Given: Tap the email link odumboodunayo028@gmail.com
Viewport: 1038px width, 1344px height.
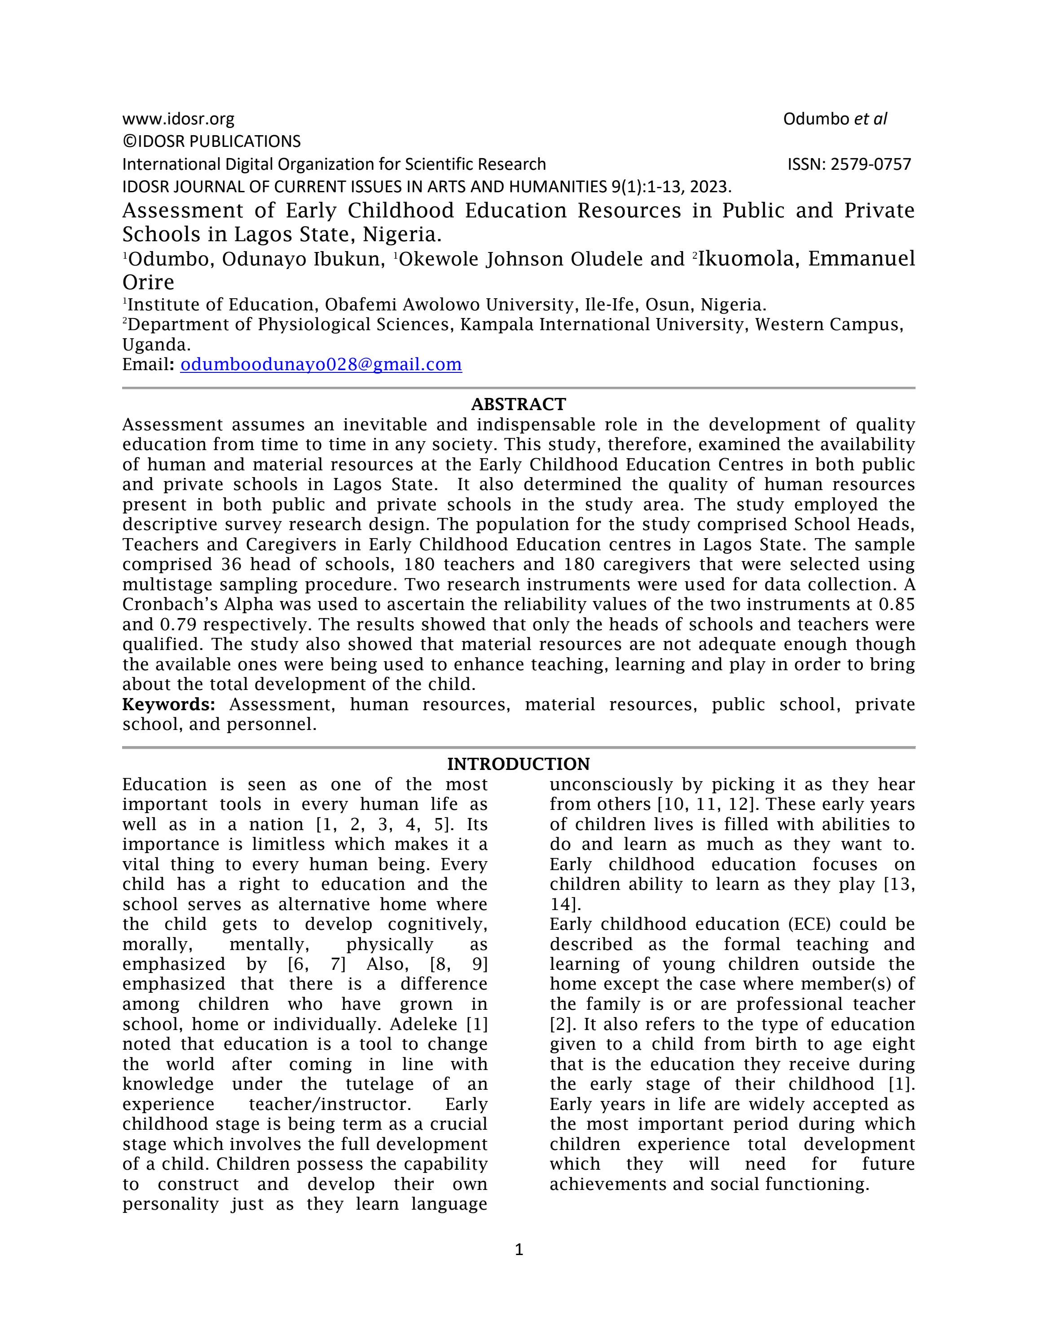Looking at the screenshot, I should click(321, 364).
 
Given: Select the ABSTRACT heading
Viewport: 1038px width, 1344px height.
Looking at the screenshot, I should click(519, 404).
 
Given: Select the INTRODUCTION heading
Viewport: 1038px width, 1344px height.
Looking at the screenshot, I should click(519, 764).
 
